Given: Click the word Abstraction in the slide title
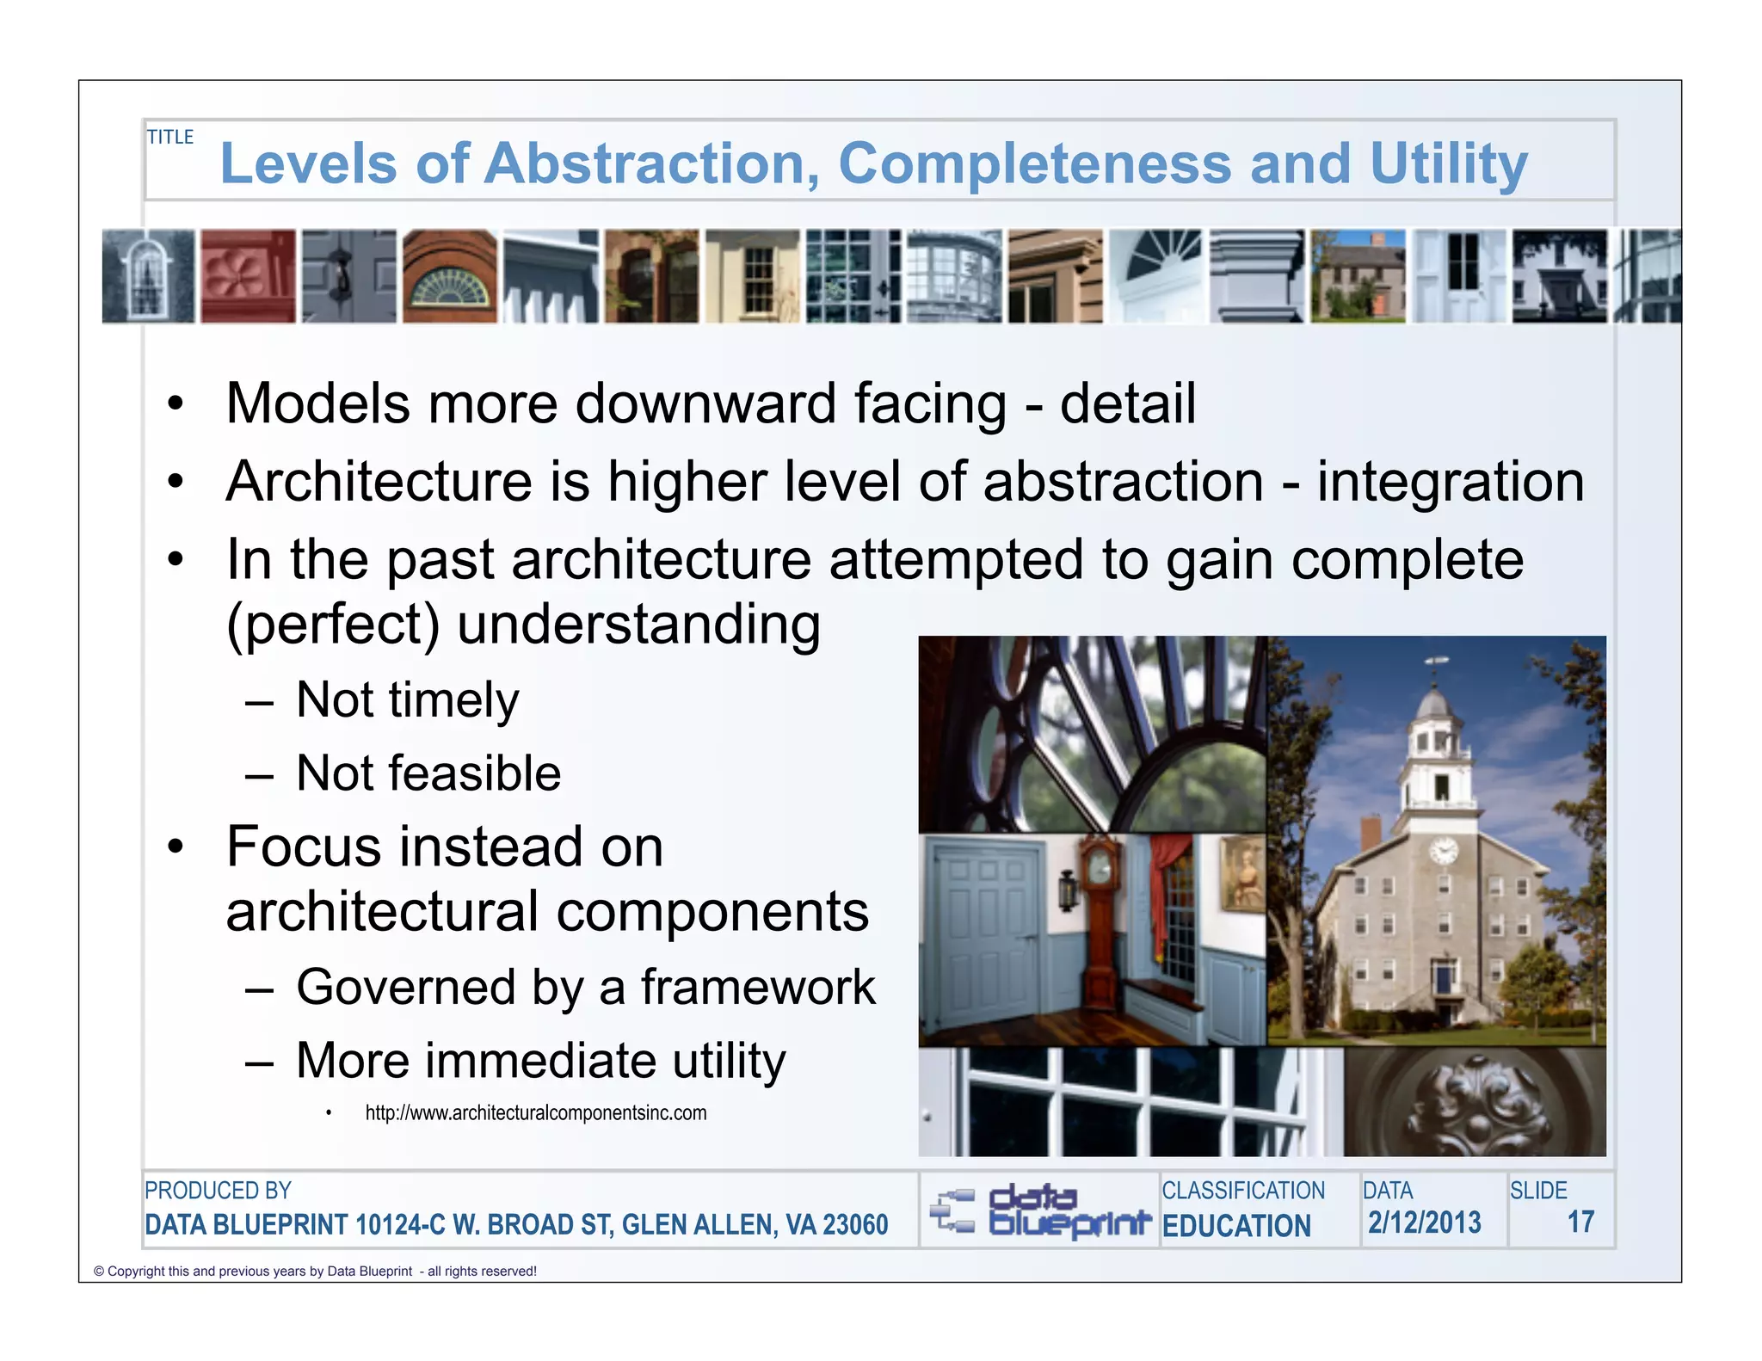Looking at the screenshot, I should click(x=650, y=163).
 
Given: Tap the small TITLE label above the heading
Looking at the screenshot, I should click(x=170, y=138).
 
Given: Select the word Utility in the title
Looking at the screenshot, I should click(x=1449, y=163).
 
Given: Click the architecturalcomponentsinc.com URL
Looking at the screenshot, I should click(x=535, y=1113).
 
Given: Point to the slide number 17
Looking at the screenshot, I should click(x=1580, y=1222).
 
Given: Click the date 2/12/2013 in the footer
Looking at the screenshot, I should click(x=1425, y=1222).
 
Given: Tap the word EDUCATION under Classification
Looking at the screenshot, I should click(x=1236, y=1226).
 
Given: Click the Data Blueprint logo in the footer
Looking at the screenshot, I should click(x=1040, y=1210).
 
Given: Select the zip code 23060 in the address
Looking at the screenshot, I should click(x=855, y=1225).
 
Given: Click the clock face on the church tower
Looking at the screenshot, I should click(x=1443, y=851).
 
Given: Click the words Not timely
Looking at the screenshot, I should click(x=407, y=700).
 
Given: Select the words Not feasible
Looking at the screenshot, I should click(x=428, y=773).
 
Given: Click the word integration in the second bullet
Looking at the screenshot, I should click(x=1451, y=482).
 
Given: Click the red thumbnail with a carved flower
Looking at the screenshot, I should click(x=248, y=276).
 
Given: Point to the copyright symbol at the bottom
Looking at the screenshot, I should click(x=99, y=1272).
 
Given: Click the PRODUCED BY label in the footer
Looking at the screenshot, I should click(x=218, y=1191).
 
